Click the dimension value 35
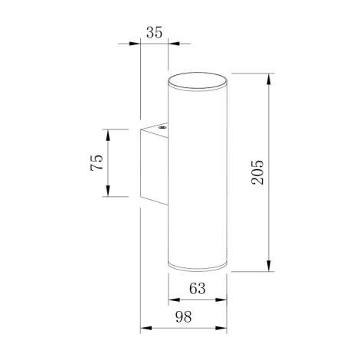155,32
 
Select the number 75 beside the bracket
97,162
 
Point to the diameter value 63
197,289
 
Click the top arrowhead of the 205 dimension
270,77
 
